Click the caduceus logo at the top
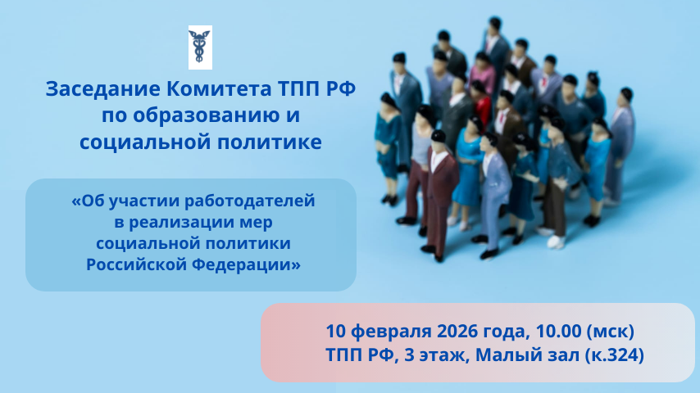[x=200, y=47]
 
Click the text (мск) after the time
[x=610, y=331]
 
